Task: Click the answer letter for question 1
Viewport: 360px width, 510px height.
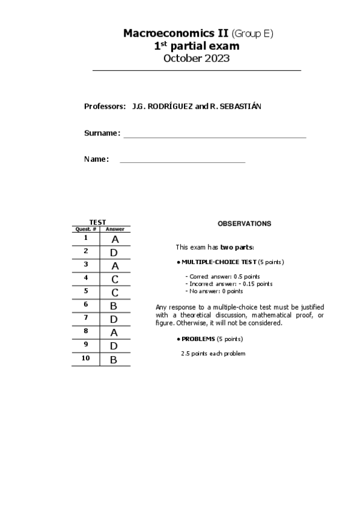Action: [x=115, y=239]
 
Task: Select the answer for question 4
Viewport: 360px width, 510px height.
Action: [x=115, y=279]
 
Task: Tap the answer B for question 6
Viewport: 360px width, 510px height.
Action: [x=113, y=306]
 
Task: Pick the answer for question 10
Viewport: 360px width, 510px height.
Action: [x=113, y=360]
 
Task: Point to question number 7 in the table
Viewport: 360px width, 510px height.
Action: [x=86, y=318]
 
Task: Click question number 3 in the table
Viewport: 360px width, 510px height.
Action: [x=86, y=264]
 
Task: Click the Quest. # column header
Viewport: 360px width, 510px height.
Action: [x=85, y=229]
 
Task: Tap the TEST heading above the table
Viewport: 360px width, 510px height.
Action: [x=97, y=223]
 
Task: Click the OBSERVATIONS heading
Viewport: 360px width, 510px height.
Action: [x=244, y=224]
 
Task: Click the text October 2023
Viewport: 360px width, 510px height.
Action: [x=197, y=58]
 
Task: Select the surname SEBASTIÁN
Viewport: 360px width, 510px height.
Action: [x=240, y=106]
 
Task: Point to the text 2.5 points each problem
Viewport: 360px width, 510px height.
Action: [x=213, y=353]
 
